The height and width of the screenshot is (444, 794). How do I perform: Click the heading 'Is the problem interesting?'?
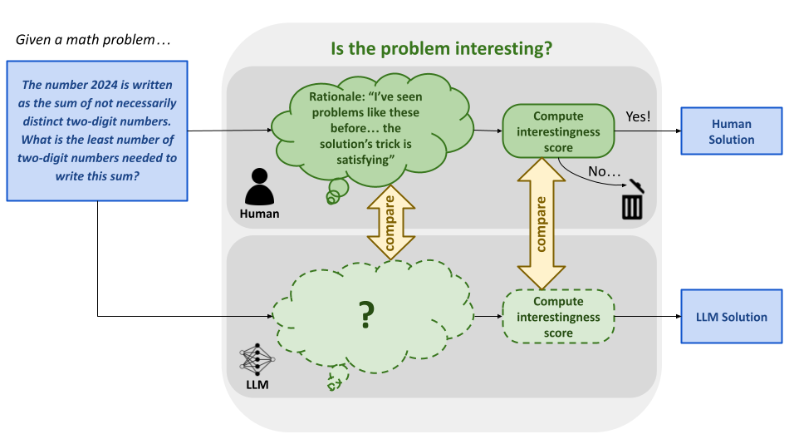coord(441,48)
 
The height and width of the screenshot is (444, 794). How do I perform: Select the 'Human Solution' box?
coord(731,131)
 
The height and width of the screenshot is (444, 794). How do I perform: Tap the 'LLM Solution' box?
coord(731,317)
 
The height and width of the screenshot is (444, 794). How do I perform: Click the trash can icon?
coord(633,200)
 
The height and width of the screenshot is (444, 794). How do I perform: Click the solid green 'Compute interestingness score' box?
coord(558,131)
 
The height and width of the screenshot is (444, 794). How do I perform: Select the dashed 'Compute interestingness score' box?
coord(558,317)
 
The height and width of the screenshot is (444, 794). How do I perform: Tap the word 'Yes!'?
coord(636,116)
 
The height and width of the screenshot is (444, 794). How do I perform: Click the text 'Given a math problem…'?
coord(93,39)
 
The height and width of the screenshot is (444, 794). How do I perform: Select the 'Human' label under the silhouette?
coord(259,214)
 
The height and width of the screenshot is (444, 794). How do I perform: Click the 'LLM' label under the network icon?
coord(257,386)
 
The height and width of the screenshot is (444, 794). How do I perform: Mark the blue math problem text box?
coord(98,131)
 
